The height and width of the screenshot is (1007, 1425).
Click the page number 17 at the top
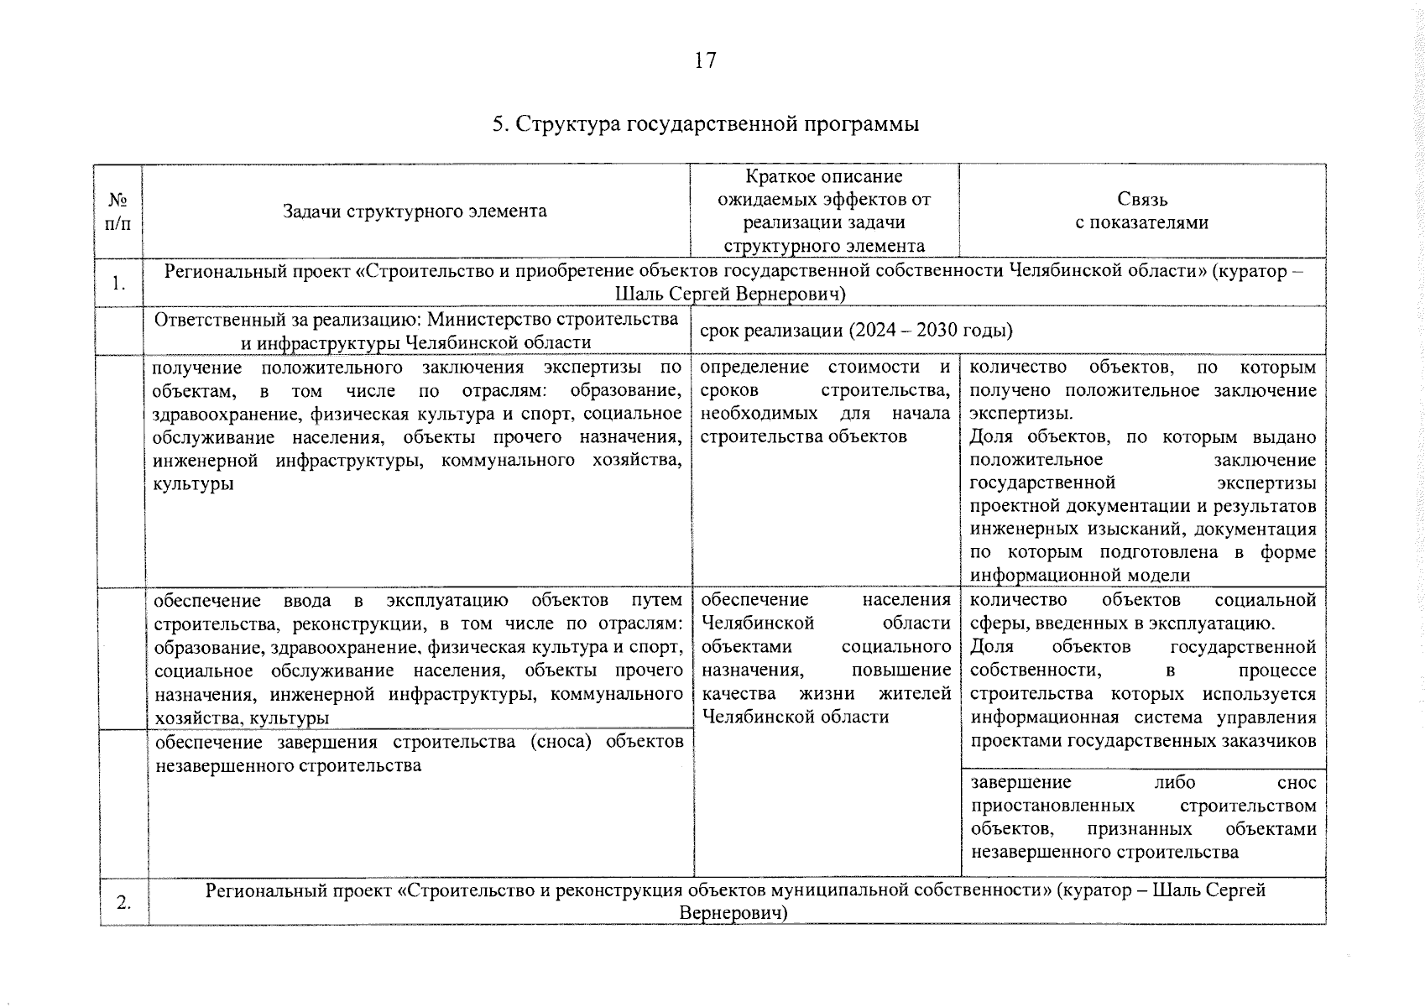coord(705,60)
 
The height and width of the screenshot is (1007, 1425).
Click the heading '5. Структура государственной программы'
coord(705,124)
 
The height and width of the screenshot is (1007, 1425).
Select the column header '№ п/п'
coord(118,211)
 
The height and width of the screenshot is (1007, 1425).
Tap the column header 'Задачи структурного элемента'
coord(415,211)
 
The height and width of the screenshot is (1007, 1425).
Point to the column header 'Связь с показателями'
coord(1141,211)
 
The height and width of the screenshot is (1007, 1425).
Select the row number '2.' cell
coord(123,903)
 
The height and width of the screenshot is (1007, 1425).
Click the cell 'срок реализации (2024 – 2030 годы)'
coord(856,330)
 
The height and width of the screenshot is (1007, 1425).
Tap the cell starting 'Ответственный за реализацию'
coord(416,331)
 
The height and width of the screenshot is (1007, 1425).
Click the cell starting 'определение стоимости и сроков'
coord(825,402)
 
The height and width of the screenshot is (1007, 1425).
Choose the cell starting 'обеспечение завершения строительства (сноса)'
coord(418,754)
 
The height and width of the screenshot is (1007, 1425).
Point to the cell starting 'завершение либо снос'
coord(1143,817)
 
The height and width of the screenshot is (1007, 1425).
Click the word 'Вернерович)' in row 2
coord(734,913)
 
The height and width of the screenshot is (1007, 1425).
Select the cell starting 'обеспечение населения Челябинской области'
coord(825,658)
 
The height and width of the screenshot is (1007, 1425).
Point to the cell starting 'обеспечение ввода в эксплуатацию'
coord(418,658)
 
